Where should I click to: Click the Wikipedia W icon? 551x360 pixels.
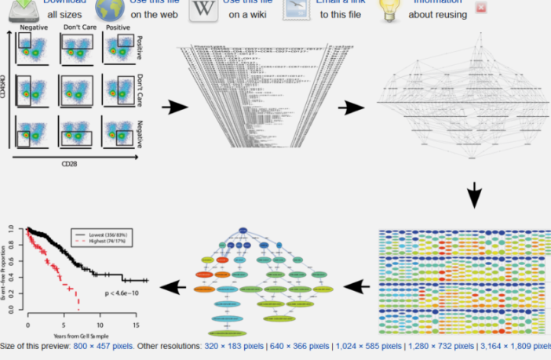[x=204, y=9]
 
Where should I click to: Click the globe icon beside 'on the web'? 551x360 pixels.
[x=110, y=9]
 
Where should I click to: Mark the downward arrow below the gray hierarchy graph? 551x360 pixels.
[x=473, y=196]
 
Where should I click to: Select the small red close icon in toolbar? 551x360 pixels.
[x=481, y=8]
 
